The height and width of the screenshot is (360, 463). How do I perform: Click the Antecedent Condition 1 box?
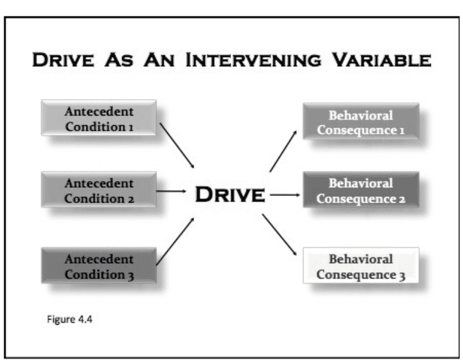click(99, 118)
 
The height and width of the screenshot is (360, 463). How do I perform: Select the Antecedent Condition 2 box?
click(99, 190)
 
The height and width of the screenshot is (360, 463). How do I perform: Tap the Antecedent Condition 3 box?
click(99, 266)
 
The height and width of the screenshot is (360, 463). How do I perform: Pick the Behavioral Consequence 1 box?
click(361, 121)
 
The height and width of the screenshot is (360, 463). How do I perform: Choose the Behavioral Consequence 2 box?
click(361, 190)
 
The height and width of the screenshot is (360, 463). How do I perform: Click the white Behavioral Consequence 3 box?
click(361, 265)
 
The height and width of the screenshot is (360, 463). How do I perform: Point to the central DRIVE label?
click(230, 195)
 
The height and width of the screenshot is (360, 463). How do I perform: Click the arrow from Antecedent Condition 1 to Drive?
click(177, 145)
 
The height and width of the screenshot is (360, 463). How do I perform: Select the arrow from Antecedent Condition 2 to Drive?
click(171, 191)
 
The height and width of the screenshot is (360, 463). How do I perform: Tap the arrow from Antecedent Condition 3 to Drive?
click(175, 241)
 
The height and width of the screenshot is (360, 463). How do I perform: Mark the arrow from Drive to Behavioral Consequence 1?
click(283, 151)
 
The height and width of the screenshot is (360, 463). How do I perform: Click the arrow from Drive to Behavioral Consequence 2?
click(285, 195)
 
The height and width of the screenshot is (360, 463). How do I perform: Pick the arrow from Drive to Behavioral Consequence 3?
click(279, 235)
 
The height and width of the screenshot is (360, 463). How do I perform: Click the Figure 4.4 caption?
click(70, 319)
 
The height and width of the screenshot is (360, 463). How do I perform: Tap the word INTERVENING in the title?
click(253, 60)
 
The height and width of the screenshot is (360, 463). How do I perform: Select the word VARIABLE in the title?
click(381, 60)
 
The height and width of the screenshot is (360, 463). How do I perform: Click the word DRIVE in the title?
click(63, 60)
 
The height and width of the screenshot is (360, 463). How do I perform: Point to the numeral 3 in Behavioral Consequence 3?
click(402, 276)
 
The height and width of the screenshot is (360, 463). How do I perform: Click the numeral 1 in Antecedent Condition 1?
click(131, 128)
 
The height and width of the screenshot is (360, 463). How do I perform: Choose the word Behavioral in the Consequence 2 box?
click(361, 183)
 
